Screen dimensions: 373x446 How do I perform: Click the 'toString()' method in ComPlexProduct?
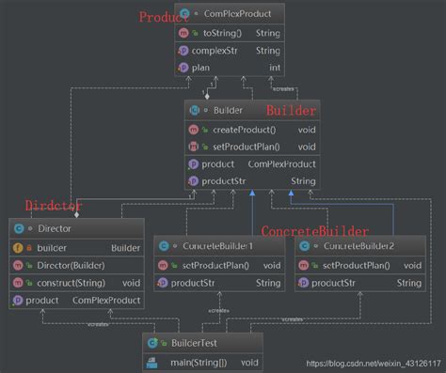tap(223, 33)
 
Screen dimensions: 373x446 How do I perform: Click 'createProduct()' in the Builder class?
tap(245, 129)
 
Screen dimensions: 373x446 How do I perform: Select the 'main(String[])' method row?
tap(204, 361)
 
